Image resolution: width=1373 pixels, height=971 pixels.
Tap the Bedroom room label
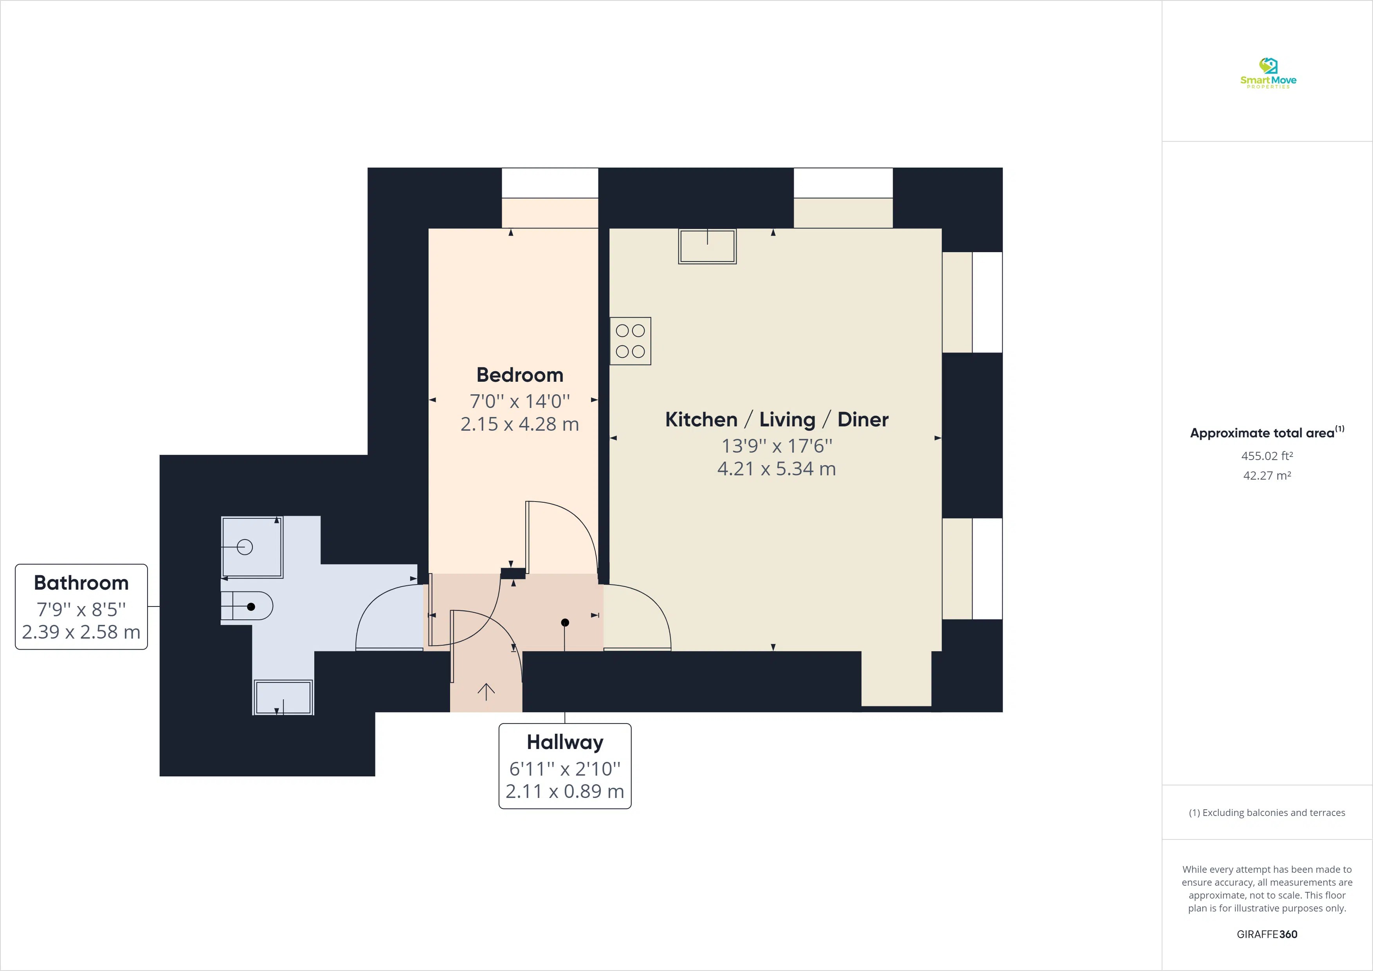520,375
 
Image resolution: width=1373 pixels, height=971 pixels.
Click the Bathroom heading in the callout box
81,583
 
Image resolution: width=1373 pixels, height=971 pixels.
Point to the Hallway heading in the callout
564,742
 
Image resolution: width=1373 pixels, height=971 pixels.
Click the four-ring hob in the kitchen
630,341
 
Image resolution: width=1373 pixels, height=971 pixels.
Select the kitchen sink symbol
707,246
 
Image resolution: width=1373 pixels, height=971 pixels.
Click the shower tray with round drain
252,547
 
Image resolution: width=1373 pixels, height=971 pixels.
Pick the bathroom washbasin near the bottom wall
283,697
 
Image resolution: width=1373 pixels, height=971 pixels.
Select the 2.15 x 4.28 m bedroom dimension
520,424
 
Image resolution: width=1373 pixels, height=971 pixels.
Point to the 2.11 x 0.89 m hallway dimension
564,792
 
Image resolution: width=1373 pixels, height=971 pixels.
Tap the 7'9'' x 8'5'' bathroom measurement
81,609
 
